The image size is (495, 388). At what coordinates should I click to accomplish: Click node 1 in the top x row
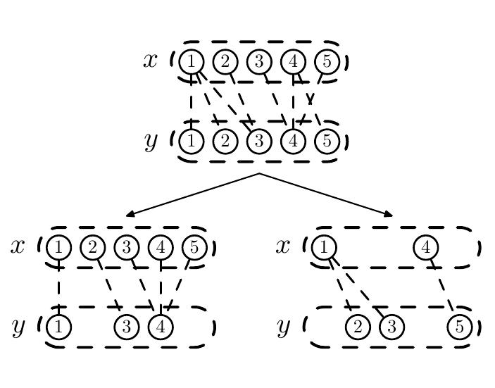(191, 62)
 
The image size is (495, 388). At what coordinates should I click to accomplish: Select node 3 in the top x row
(259, 62)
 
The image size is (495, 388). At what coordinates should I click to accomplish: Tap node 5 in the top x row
(327, 62)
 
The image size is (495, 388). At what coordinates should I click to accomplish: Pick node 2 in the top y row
(225, 142)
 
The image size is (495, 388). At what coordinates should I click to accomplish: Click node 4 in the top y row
(293, 142)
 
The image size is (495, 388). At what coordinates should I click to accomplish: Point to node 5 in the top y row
(327, 142)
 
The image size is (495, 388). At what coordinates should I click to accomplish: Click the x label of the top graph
(151, 61)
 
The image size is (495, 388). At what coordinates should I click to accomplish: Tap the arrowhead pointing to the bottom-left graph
(130, 214)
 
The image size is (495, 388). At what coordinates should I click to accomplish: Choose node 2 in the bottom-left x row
(92, 248)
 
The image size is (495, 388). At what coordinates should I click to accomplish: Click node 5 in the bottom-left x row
(194, 248)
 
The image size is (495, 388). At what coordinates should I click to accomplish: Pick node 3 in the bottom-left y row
(127, 327)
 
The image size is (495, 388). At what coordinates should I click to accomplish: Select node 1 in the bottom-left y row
(59, 327)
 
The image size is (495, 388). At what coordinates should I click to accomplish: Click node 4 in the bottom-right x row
(426, 248)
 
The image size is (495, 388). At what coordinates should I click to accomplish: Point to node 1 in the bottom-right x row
(324, 248)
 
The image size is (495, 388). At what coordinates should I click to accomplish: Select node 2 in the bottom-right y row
(358, 327)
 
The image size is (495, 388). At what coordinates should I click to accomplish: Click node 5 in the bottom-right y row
(460, 327)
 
